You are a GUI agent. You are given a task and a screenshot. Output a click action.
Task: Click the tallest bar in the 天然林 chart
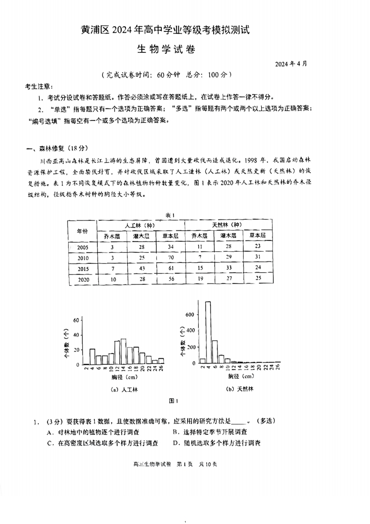(x=208, y=332)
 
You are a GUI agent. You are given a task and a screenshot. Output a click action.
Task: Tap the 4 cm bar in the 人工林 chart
(x=92, y=356)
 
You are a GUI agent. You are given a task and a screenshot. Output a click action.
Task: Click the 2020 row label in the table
(x=83, y=280)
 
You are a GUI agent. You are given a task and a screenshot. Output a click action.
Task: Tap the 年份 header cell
(x=83, y=230)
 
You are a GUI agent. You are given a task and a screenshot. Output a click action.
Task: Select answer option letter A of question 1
(x=49, y=432)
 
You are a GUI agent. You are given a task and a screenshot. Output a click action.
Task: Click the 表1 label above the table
(x=170, y=215)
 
